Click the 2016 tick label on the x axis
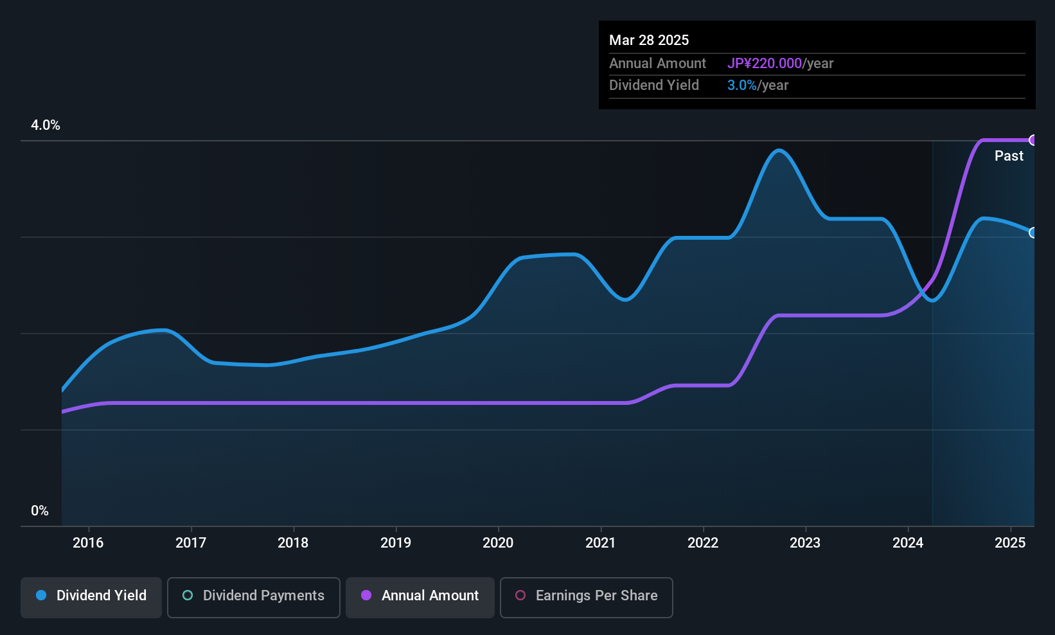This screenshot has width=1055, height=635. tap(88, 542)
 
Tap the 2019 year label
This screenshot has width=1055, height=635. tap(395, 542)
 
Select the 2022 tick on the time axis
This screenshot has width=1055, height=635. tap(703, 542)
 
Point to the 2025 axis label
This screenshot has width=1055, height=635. tap(1010, 542)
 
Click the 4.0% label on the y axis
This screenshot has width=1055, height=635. tap(46, 125)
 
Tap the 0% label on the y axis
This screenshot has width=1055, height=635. tap(40, 510)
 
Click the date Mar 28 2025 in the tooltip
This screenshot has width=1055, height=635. tap(649, 40)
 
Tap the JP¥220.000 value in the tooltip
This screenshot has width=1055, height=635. tap(764, 63)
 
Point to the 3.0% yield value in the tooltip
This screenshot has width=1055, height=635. tap(741, 85)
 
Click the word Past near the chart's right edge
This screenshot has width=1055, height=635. tap(1009, 156)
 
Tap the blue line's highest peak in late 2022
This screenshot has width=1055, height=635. tap(779, 150)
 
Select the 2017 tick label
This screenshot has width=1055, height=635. tap(191, 542)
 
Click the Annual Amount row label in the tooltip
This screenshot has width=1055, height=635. tap(657, 63)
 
